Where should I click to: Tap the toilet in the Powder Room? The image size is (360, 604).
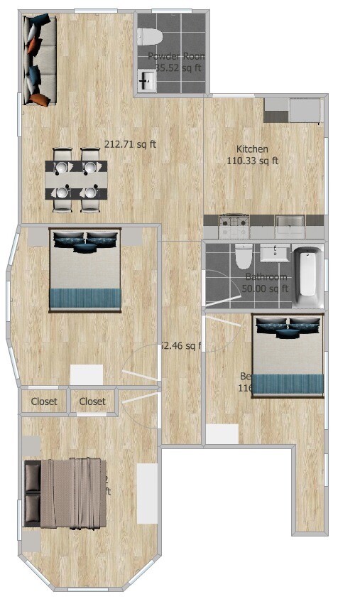(151, 36)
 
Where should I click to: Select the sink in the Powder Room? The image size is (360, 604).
(146, 81)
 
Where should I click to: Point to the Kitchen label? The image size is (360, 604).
(252, 149)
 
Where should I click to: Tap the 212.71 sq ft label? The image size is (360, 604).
(131, 144)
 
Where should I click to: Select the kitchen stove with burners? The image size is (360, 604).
(234, 227)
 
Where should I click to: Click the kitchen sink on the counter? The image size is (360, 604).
(290, 227)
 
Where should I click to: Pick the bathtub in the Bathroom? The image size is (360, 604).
(307, 272)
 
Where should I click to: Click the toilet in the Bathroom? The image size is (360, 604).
(244, 255)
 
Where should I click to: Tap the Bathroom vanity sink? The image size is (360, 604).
(275, 253)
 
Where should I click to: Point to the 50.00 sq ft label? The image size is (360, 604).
(266, 288)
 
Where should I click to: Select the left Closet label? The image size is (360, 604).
(44, 401)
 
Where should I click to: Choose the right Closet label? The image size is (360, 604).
(92, 401)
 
